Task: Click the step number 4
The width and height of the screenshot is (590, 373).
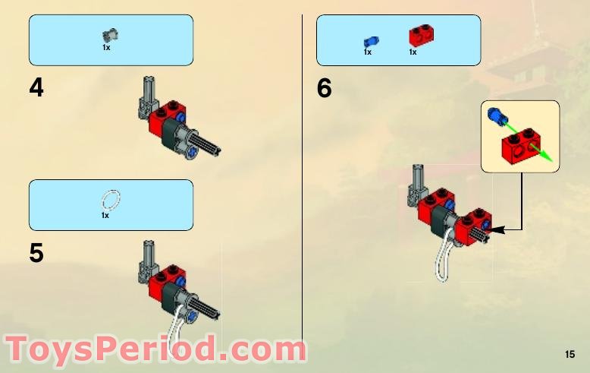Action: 36,89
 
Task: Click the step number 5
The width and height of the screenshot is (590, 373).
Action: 36,253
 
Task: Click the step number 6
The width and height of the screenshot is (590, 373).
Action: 325,89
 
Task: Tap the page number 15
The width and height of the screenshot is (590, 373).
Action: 570,355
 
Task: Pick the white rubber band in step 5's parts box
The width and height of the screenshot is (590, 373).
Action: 111,200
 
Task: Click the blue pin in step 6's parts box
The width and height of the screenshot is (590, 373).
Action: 371,41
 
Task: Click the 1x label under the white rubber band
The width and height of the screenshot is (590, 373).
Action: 105,216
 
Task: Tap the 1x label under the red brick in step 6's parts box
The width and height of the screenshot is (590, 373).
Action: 413,52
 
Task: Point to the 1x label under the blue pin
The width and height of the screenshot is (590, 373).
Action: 367,52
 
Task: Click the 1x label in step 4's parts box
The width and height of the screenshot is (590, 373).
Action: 106,47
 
